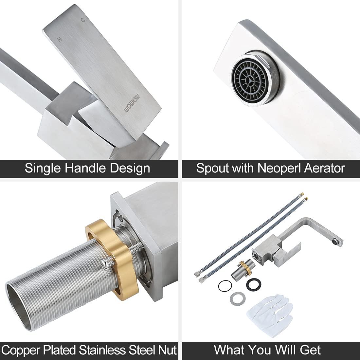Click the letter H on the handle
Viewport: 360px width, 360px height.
pyautogui.click(x=59, y=40)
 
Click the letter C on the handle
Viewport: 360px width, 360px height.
pyautogui.click(x=83, y=20)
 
